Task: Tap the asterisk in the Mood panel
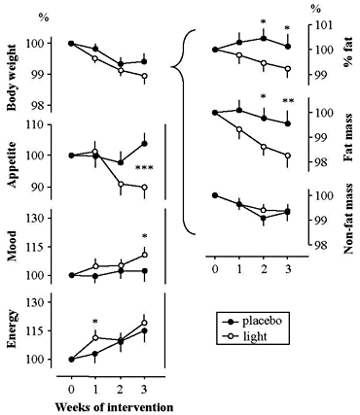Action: [x=144, y=237]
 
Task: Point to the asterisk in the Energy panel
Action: [x=95, y=322]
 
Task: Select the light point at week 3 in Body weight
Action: [x=144, y=76]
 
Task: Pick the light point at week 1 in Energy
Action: [x=95, y=337]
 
